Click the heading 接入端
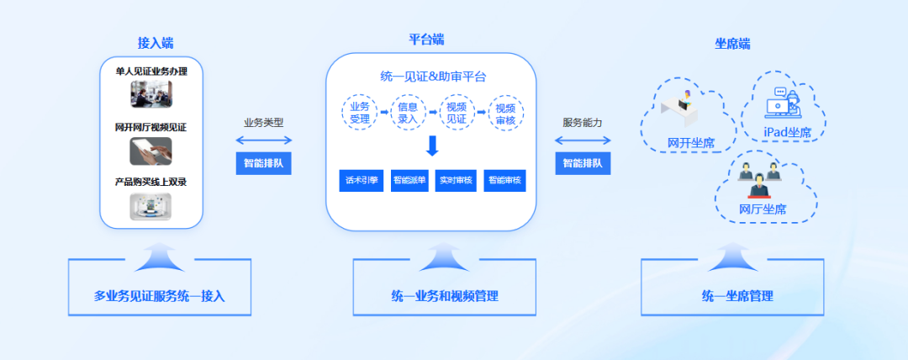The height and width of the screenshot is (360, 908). point(156,43)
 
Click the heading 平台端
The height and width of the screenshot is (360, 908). point(426,40)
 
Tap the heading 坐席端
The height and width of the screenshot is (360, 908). point(732,44)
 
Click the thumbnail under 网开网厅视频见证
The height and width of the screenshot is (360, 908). point(150,151)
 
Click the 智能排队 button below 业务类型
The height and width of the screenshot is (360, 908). point(263,163)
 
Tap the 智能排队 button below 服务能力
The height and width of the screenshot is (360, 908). point(583,163)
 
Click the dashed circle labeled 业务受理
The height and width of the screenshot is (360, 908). point(360,112)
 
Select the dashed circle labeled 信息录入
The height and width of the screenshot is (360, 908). point(408,112)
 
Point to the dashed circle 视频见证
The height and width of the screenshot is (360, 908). point(457,112)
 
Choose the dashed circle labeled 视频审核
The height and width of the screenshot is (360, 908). point(505,112)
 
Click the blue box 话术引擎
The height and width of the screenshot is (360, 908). point(360,180)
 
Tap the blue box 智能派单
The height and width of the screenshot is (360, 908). point(409,180)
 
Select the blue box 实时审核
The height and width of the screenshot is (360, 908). point(457,180)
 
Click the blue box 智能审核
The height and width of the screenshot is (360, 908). point(504,180)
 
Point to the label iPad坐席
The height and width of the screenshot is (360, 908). point(787,132)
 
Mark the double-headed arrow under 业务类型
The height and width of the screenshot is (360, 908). point(264,140)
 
